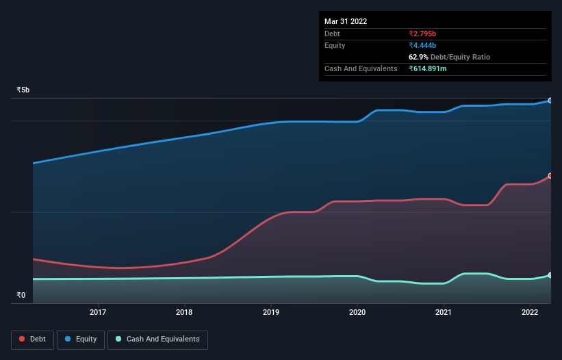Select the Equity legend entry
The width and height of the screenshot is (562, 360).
(81, 339)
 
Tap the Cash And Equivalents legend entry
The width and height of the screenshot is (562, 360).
(157, 339)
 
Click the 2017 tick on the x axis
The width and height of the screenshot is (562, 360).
(98, 313)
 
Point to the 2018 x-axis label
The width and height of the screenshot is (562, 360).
(184, 313)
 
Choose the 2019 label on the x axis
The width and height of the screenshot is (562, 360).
(271, 313)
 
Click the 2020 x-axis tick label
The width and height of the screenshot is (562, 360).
(357, 313)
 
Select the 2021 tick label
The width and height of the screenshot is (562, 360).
(444, 313)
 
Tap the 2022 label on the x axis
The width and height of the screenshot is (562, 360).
(530, 313)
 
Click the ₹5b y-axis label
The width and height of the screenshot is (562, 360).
(23, 90)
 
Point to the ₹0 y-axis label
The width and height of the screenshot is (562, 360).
(21, 296)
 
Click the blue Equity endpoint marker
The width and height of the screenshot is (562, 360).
(550, 101)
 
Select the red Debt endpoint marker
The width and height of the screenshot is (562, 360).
(550, 176)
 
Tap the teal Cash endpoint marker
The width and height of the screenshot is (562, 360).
(550, 275)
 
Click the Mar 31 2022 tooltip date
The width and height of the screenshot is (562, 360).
(346, 21)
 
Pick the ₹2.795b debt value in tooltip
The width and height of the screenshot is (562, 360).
(422, 34)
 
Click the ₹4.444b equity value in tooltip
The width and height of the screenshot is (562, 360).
(422, 45)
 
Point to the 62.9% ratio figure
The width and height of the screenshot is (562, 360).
(420, 57)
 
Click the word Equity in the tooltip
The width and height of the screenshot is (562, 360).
(335, 45)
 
